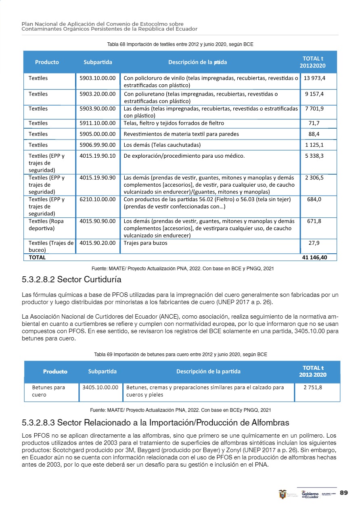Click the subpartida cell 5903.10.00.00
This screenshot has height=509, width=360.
pos(98,78)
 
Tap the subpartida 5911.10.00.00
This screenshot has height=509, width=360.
pos(98,123)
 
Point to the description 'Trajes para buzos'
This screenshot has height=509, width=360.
pos(145,243)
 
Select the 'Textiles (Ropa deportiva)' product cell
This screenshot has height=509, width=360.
pos(46,225)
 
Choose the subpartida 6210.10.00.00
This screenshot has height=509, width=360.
pos(98,199)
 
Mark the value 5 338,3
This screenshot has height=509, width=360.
pos(315,156)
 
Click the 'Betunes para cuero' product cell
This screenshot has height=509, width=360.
pos(48,391)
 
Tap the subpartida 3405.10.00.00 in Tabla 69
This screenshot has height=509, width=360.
pos(100,388)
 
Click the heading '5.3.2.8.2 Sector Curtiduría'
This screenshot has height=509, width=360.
pos(71,280)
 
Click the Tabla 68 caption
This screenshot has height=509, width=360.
pos(180,44)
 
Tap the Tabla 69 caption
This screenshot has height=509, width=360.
pos(180,355)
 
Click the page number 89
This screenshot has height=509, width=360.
pos(344,493)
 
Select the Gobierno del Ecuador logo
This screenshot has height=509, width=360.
pos(310,494)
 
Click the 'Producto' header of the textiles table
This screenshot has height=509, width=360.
pos(47,62)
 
